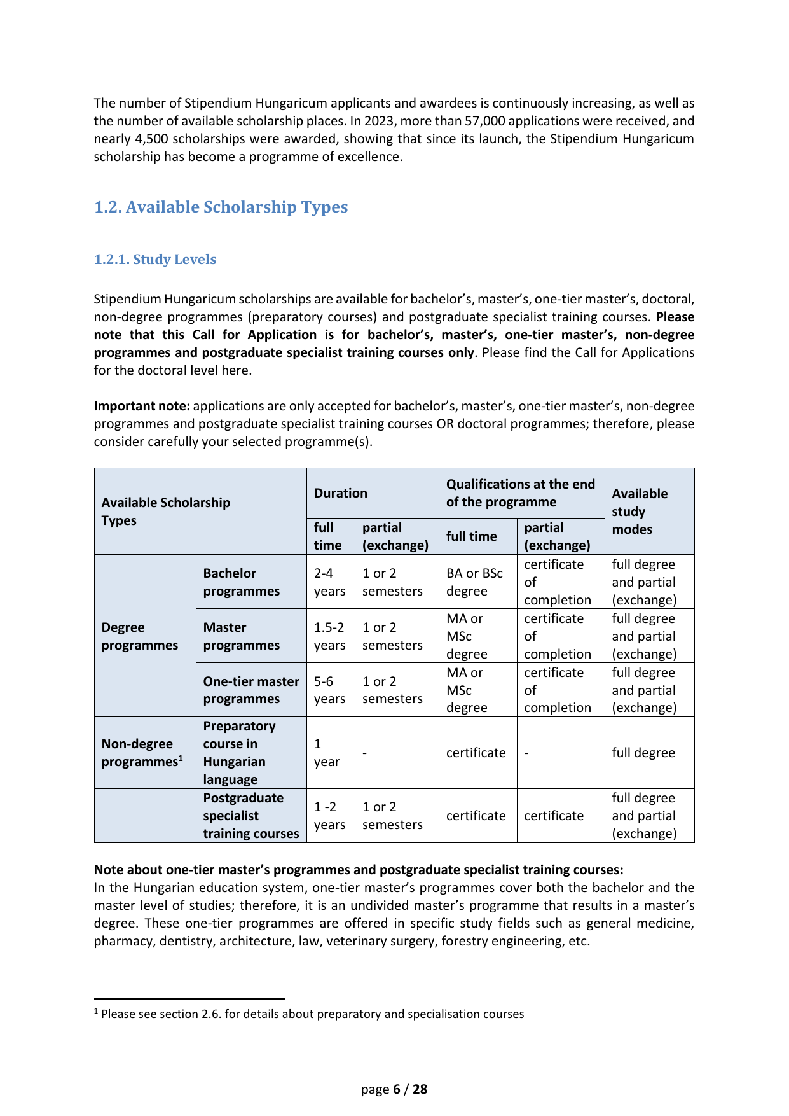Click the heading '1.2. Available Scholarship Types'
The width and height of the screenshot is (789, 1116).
coord(221,207)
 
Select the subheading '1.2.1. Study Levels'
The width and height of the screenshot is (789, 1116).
coord(155,260)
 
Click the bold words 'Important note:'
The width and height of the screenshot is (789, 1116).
coord(142,406)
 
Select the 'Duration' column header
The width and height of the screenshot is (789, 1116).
coord(341,493)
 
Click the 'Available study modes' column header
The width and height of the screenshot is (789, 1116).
coord(640,511)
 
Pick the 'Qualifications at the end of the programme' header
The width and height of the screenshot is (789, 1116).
coord(521,493)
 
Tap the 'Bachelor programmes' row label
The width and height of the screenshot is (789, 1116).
coord(242,582)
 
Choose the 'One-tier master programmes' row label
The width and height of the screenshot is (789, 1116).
coord(251,690)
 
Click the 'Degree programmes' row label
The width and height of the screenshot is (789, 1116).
coord(140,636)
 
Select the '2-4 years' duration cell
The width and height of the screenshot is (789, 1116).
coord(329,582)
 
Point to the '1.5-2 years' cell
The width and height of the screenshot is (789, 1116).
coord(329,636)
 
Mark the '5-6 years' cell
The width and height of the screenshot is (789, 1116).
coord(329,690)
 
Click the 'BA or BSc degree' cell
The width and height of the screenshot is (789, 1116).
coord(474,582)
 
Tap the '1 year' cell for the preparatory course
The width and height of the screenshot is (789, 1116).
coord(326,753)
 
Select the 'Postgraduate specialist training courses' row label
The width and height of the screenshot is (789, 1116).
coord(251,816)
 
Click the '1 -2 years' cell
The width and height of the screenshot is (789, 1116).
coord(329,816)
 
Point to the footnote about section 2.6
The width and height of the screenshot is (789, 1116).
coord(312,1014)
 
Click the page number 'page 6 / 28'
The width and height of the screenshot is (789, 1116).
coord(394,1089)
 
